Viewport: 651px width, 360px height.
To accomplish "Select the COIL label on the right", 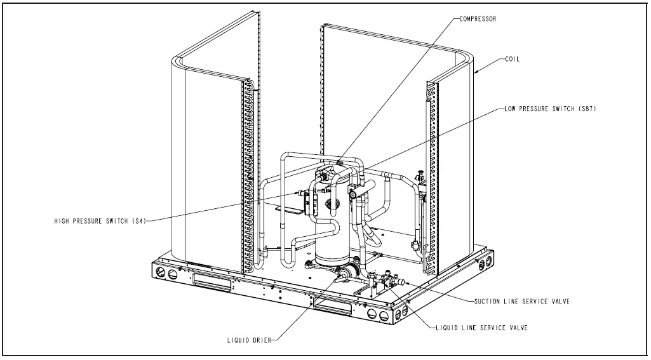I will [x=512, y=59].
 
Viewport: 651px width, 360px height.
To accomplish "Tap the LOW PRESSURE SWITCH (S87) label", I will [x=550, y=109].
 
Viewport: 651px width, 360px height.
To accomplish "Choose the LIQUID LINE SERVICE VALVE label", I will [x=482, y=328].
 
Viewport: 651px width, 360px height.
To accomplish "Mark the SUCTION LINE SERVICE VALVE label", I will [x=522, y=301].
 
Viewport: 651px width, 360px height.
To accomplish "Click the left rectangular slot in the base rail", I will [x=212, y=280].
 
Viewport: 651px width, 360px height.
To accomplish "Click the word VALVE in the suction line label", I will [x=557, y=301].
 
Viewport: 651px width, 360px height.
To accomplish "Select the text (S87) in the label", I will [x=586, y=109].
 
